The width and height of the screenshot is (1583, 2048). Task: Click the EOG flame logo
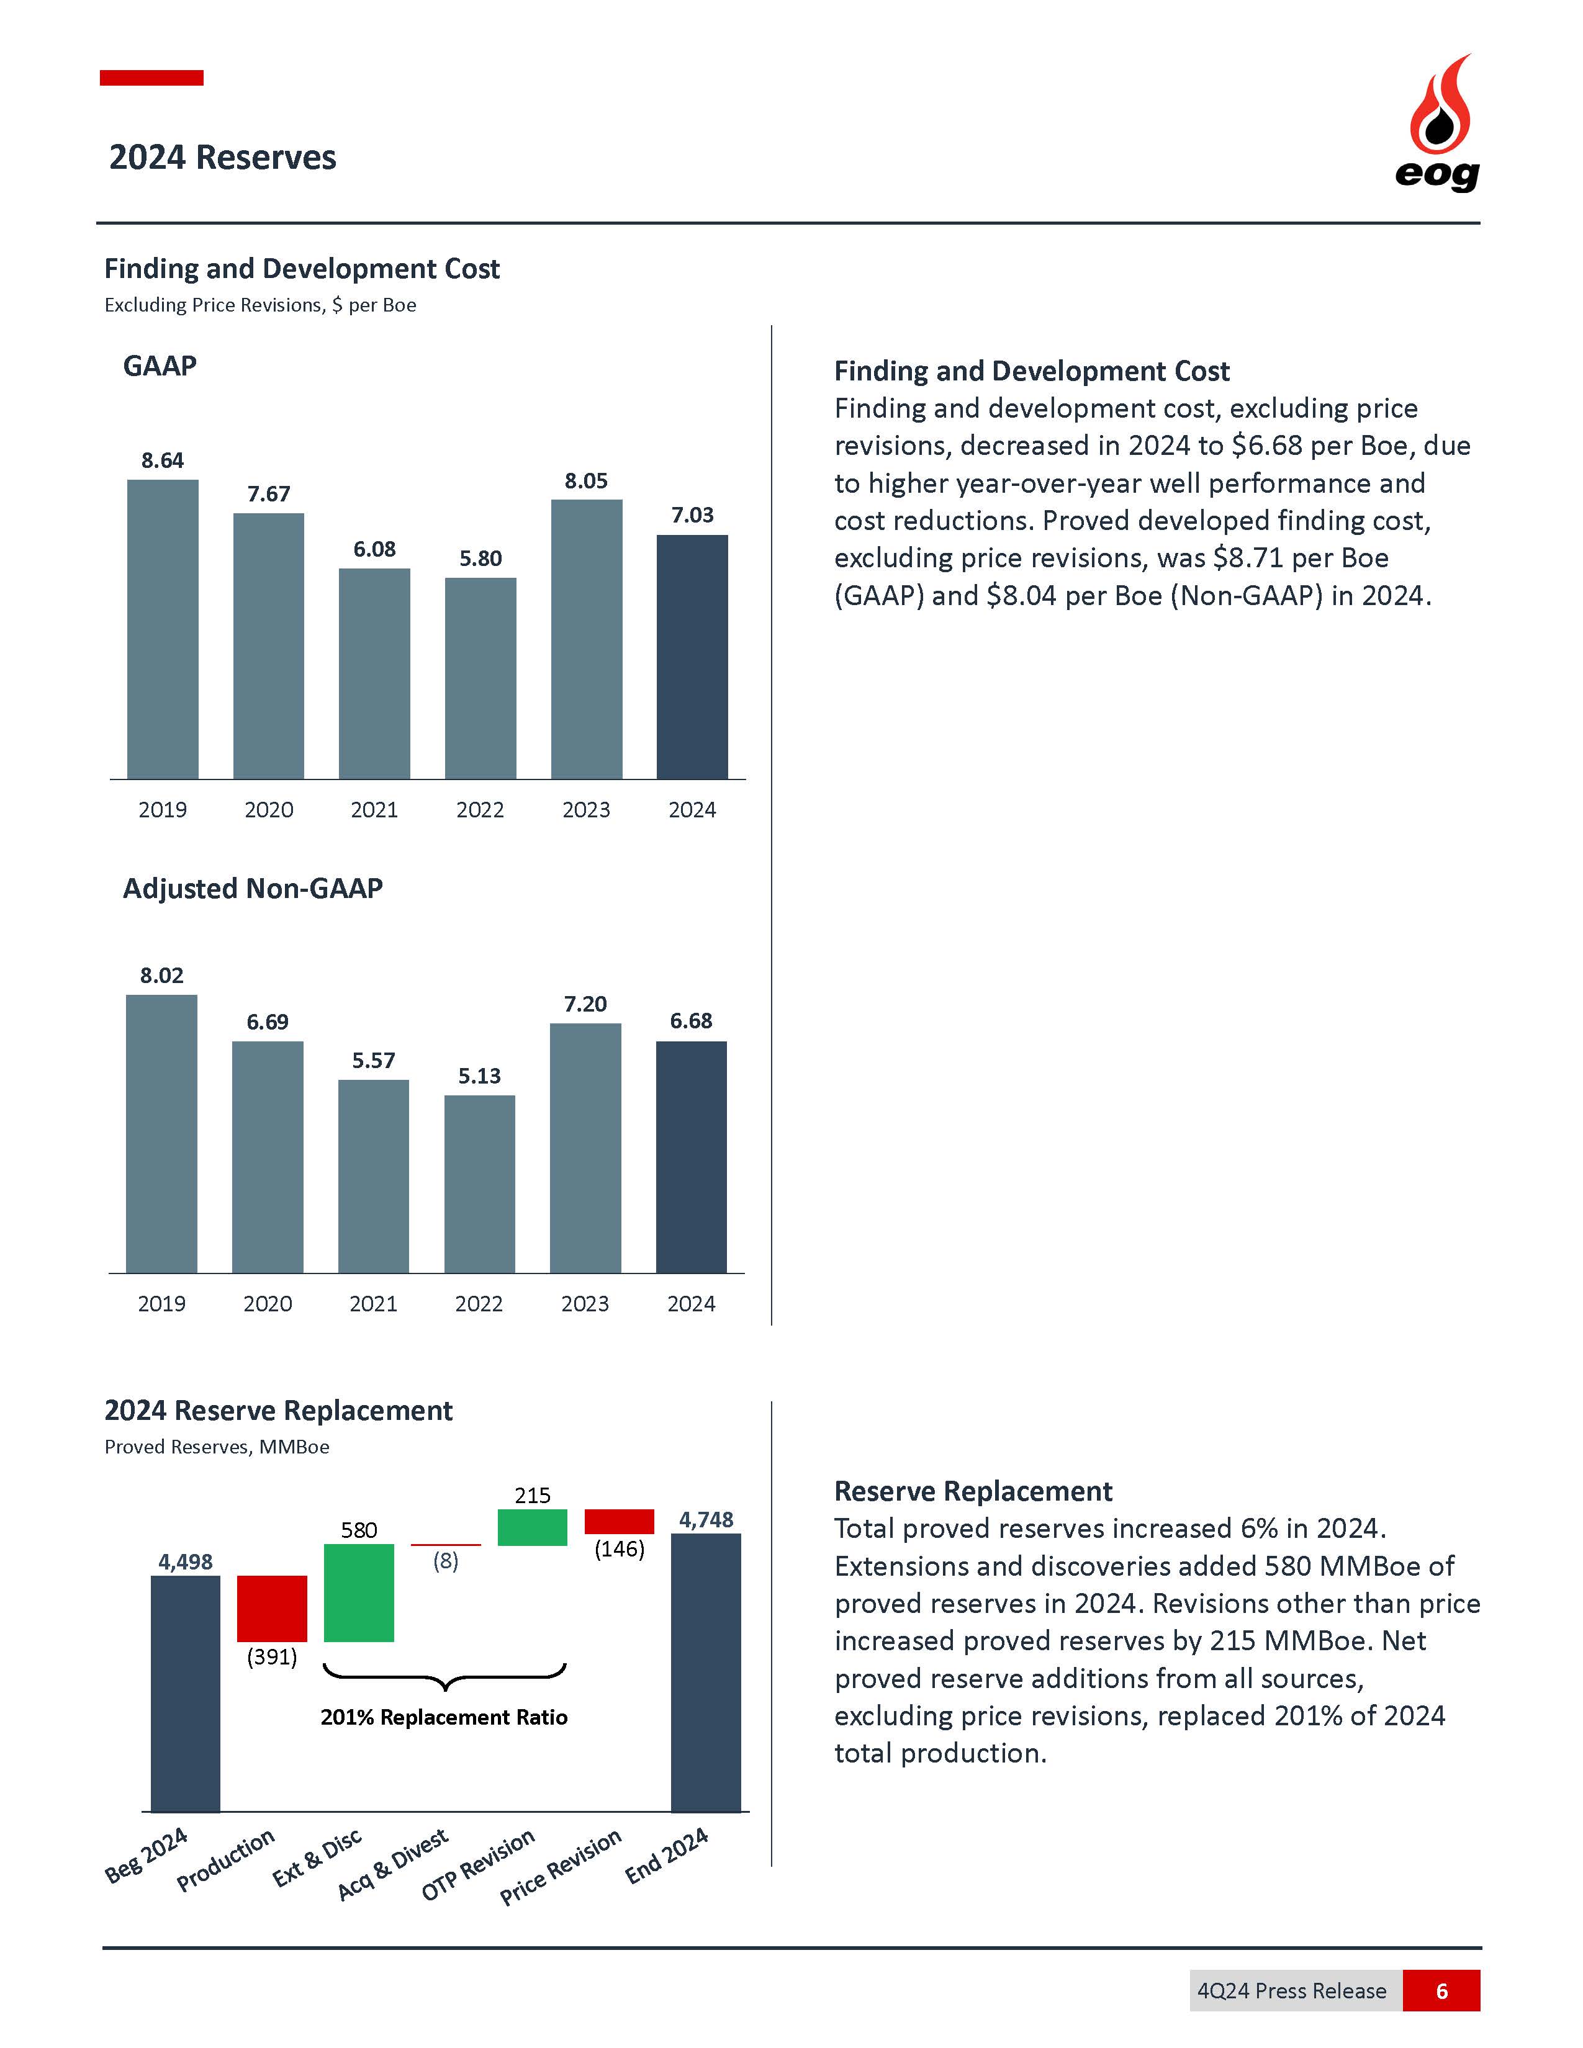point(1438,122)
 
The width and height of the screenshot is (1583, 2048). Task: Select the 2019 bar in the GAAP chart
point(162,628)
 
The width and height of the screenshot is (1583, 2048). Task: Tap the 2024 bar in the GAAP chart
point(692,657)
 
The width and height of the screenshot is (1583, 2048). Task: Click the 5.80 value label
point(480,559)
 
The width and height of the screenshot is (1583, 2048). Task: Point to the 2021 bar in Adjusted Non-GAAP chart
point(373,1176)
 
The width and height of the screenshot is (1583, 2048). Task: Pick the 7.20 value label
point(585,1004)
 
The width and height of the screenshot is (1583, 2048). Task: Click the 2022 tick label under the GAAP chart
point(480,810)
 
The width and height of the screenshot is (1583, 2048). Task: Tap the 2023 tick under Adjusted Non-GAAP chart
point(585,1305)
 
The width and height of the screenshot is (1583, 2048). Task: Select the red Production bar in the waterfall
point(272,1608)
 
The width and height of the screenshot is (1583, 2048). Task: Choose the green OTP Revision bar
point(533,1527)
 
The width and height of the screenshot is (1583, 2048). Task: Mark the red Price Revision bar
point(619,1521)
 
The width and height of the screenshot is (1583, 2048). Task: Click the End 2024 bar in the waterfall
point(705,1672)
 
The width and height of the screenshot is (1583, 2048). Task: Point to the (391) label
point(272,1657)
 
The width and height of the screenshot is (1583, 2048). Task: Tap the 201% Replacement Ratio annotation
point(444,1717)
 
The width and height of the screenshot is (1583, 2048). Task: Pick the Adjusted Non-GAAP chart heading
point(253,888)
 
